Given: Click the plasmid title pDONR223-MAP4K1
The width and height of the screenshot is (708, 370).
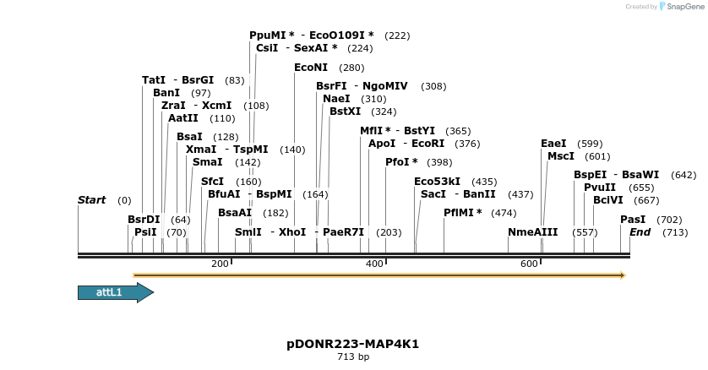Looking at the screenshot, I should click(352, 345).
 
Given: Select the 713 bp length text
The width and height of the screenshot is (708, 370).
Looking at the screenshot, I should click(352, 357).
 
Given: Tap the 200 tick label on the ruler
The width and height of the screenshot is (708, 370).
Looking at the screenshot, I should click(220, 264).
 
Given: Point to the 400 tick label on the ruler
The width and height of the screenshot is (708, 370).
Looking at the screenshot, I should click(374, 264).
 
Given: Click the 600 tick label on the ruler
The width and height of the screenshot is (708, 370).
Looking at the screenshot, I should click(529, 264).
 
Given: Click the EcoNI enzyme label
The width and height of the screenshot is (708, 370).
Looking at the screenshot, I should click(311, 68).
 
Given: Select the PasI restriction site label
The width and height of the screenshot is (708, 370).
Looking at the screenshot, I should click(633, 220).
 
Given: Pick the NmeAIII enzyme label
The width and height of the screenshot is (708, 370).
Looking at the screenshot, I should click(532, 232).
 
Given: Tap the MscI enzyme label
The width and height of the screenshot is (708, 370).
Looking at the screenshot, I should click(561, 156).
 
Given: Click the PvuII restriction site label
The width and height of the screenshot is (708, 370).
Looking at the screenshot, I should click(600, 188).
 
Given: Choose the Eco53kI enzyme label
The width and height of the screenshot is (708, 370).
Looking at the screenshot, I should click(437, 182).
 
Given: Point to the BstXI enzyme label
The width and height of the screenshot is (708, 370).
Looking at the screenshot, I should click(346, 112).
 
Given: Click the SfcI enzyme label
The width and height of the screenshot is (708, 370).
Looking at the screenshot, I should click(213, 182).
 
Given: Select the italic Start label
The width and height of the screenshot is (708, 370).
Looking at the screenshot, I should click(91, 200).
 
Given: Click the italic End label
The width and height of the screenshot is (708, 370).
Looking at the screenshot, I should click(640, 232).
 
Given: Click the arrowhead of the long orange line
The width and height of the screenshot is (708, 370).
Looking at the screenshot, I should click(622, 275).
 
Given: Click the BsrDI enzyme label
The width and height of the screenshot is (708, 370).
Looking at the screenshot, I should click(144, 220).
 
